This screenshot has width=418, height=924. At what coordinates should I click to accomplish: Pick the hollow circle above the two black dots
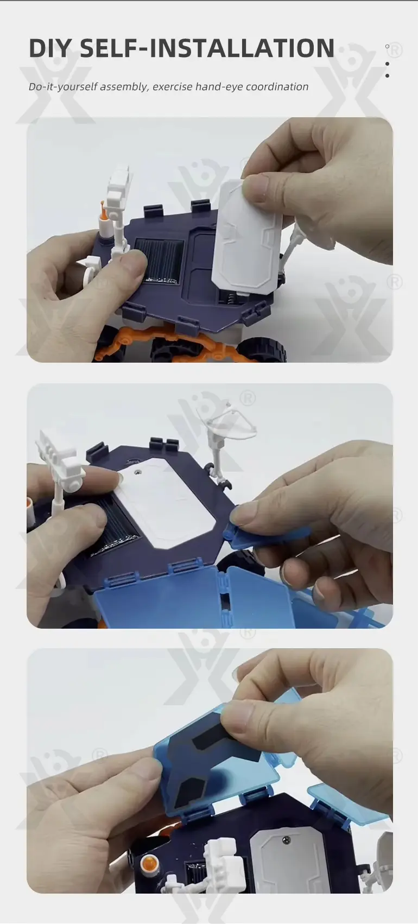[387, 47]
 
